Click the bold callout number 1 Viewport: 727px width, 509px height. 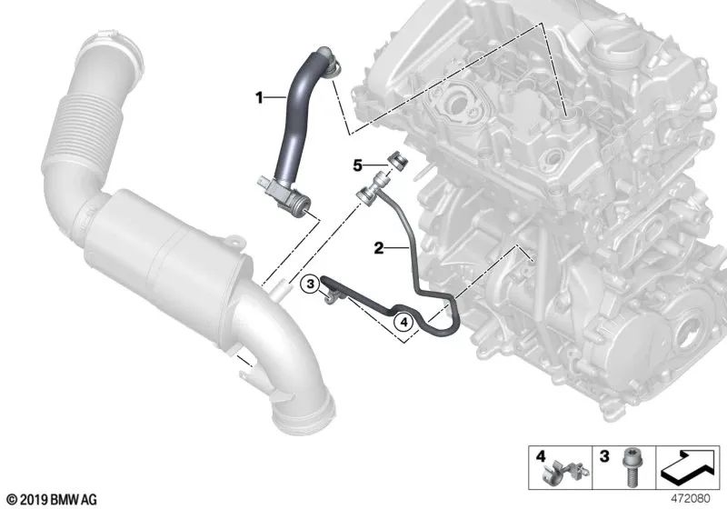click(x=259, y=95)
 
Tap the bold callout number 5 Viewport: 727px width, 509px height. click(x=358, y=165)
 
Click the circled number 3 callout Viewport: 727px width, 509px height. click(x=310, y=286)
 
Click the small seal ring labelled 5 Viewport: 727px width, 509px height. click(x=396, y=163)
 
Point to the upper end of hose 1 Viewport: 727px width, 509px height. click(x=329, y=65)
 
